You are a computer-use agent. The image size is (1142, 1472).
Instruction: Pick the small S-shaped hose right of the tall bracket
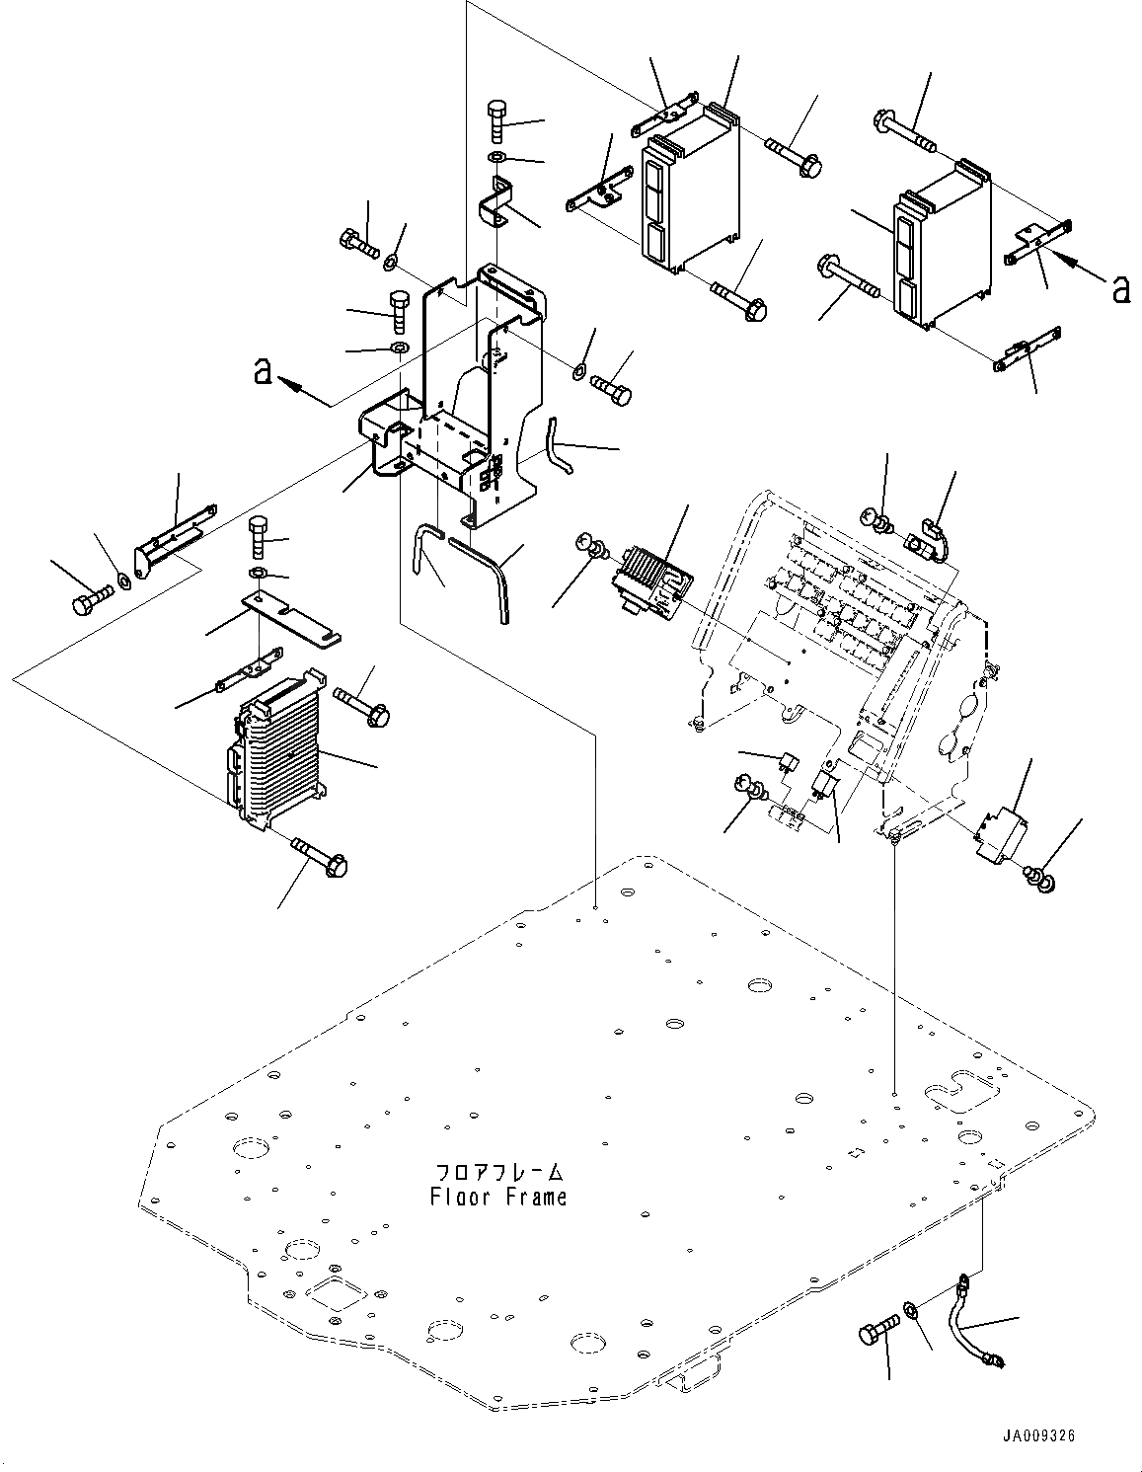click(557, 445)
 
